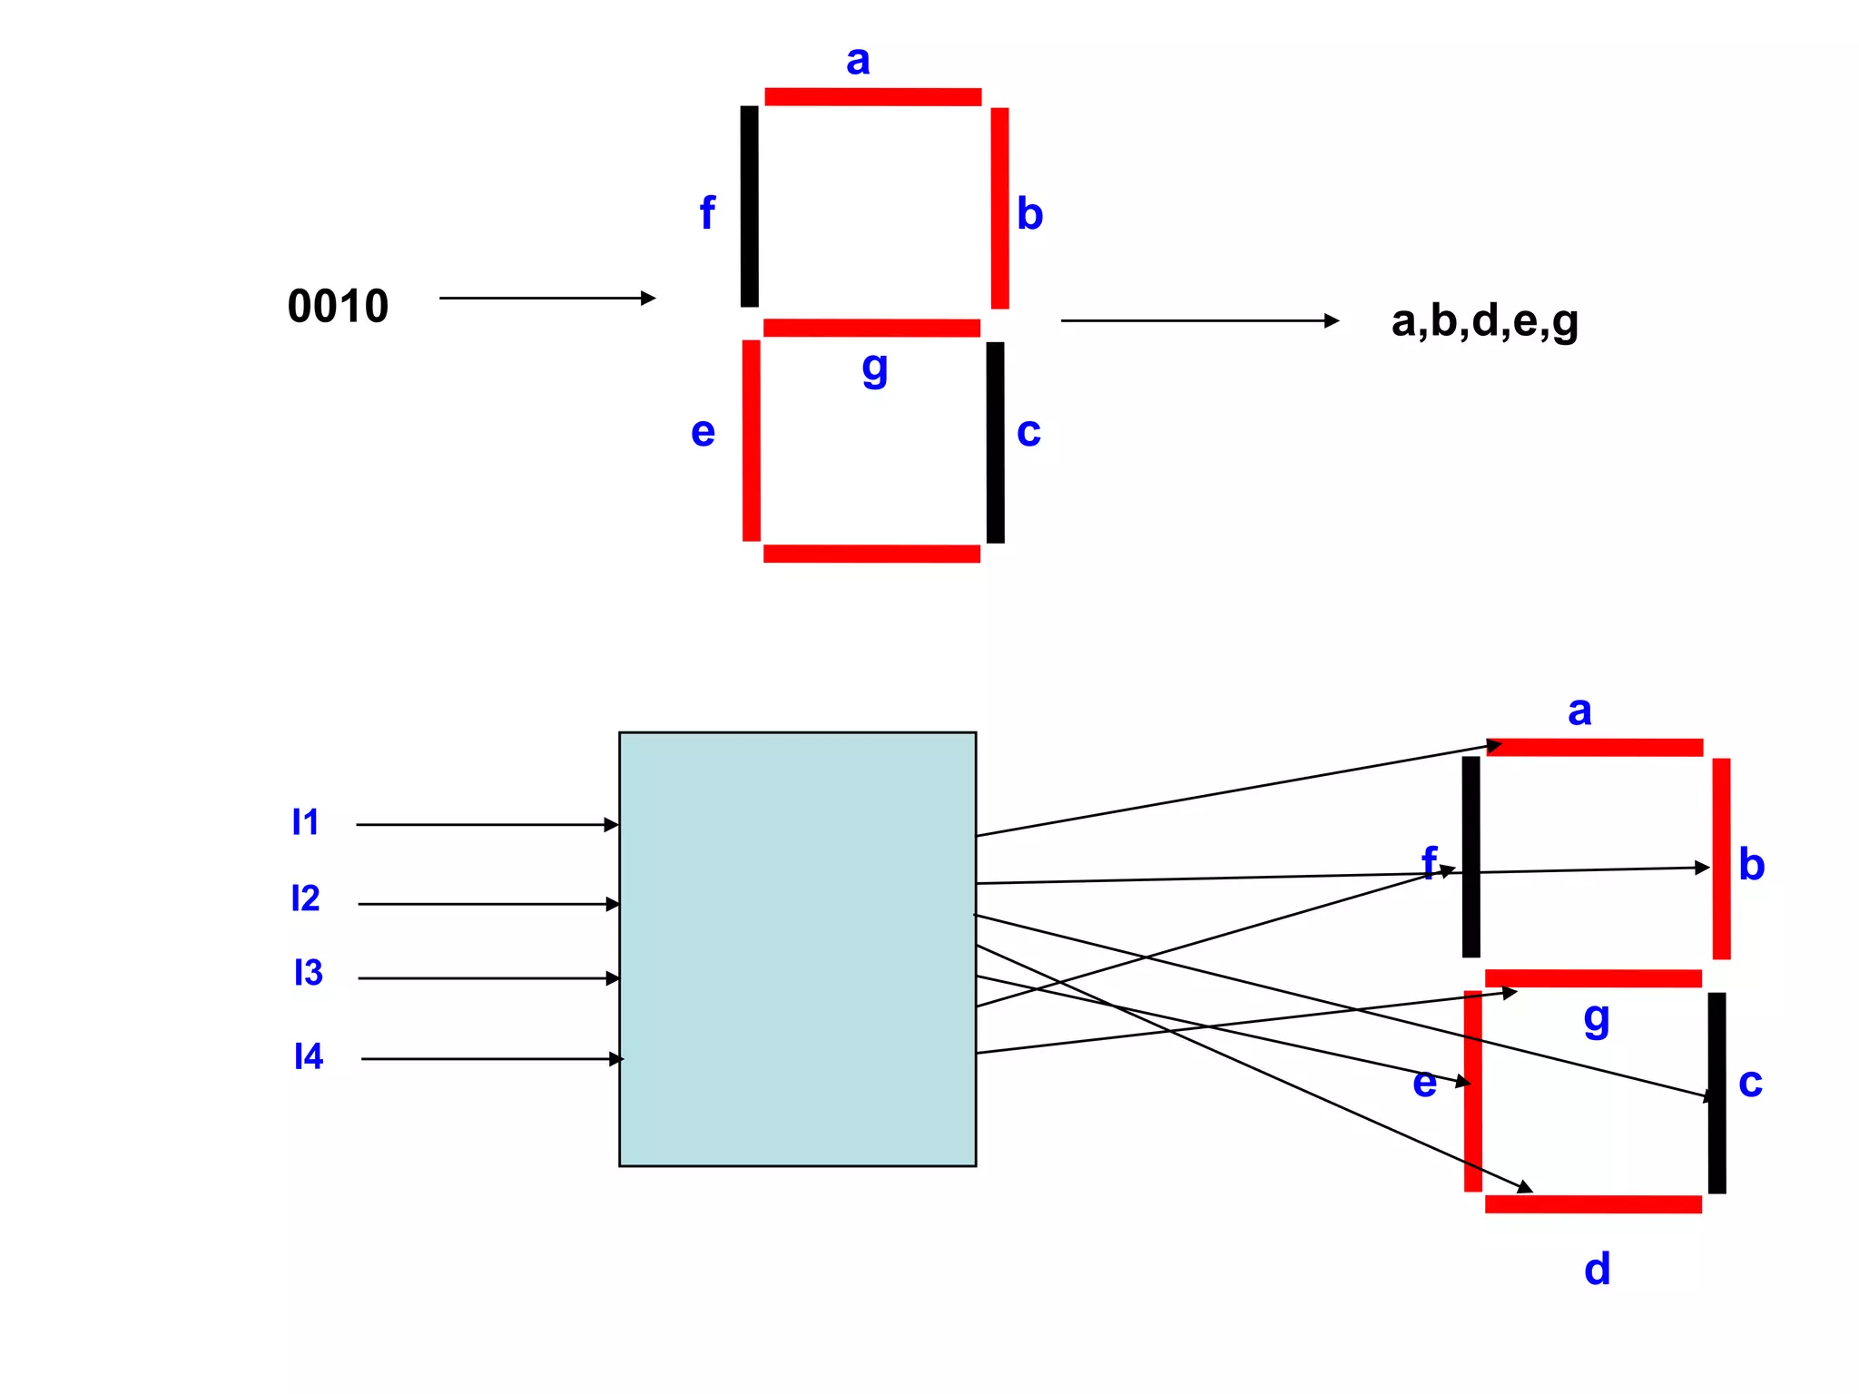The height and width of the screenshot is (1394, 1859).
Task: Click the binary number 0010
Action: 338,306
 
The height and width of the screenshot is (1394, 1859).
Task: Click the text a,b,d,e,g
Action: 1484,321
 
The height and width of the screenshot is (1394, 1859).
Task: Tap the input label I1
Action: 305,822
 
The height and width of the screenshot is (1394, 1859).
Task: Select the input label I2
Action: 305,898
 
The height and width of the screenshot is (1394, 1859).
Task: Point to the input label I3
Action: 308,973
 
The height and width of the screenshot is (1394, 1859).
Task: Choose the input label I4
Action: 309,1056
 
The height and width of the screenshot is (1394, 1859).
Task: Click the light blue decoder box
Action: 797,948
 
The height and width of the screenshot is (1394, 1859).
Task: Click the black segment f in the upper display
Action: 749,206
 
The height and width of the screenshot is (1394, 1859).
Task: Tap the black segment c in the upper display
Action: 995,442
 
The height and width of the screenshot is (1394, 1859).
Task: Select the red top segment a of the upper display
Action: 872,97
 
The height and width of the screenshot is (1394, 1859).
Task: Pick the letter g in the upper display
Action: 874,368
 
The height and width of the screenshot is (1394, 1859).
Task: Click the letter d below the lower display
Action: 1597,1269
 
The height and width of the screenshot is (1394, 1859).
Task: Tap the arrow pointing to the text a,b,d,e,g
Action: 1198,320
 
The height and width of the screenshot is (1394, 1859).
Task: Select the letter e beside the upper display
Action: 703,432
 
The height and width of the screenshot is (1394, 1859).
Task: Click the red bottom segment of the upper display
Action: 871,554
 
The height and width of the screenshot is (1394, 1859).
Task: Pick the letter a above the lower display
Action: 1579,711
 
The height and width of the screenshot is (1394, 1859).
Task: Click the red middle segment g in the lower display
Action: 1593,978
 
